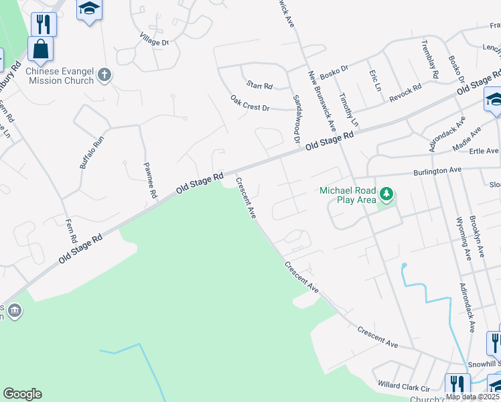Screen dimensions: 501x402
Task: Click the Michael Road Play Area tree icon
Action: [386, 195]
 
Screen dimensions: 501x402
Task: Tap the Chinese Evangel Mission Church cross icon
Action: [104, 74]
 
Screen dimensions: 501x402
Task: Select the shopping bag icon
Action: [41, 50]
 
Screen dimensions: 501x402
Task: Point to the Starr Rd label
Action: [259, 85]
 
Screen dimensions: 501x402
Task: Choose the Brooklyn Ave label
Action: [476, 237]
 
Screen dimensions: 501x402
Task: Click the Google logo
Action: [22, 394]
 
